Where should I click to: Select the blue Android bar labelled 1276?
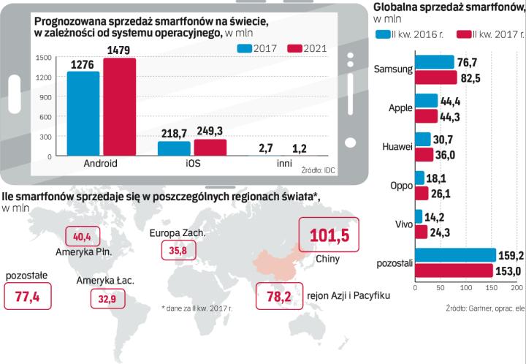[83, 114]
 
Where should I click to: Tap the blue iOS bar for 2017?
[173, 148]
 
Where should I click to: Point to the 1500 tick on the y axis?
[42, 58]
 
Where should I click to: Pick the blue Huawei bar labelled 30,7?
[422, 139]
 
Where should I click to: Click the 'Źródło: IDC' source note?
[319, 170]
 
